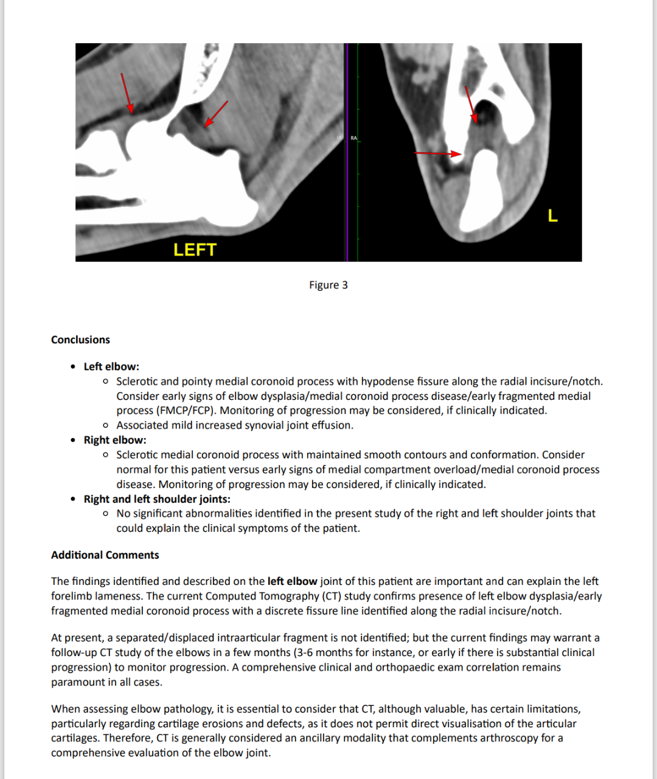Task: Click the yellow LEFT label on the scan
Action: (195, 250)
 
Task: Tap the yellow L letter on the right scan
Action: (552, 215)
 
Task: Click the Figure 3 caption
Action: (328, 285)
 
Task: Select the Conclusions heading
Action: (80, 340)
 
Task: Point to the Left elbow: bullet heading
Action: (111, 366)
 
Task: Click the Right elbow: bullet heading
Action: (115, 440)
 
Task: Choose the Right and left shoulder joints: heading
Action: (157, 499)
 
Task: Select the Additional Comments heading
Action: (105, 555)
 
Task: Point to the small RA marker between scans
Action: (354, 138)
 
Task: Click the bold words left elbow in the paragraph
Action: (292, 581)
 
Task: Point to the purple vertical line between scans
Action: (347, 152)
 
